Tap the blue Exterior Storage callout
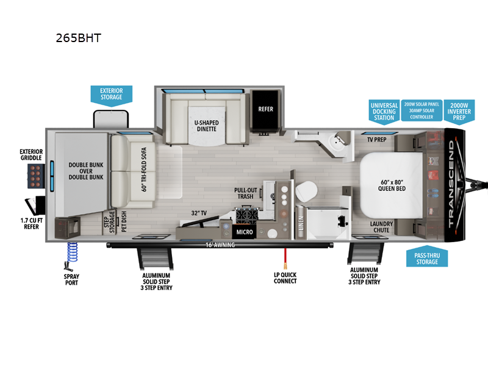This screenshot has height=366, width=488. click(x=111, y=94)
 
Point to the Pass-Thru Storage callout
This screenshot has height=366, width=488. click(x=427, y=257)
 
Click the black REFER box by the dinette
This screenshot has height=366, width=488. click(x=265, y=110)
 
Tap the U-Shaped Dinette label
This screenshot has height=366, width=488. click(x=206, y=126)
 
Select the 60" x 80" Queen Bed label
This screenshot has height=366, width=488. click(x=392, y=184)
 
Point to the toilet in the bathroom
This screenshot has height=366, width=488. click(x=304, y=192)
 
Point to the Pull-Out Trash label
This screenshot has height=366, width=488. click(x=246, y=193)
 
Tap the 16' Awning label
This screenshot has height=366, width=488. click(x=220, y=245)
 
